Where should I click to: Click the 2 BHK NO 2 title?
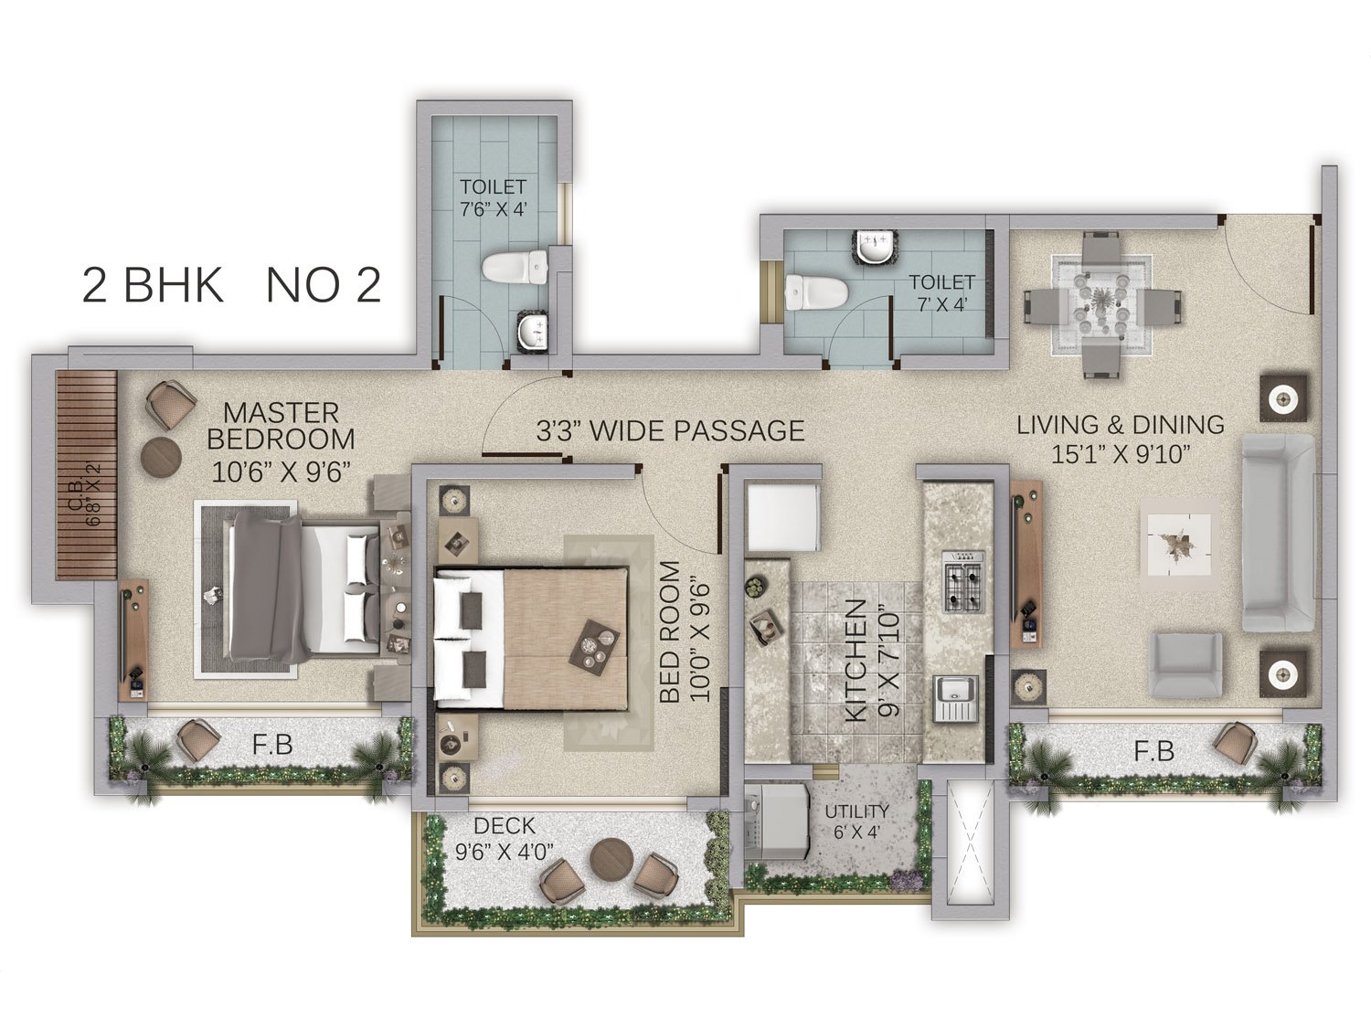(231, 285)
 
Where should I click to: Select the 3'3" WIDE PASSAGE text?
(670, 430)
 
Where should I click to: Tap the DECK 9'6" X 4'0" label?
(505, 838)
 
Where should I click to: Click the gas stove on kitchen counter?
(962, 581)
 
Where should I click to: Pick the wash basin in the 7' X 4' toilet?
(877, 247)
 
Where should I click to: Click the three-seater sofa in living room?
(1276, 533)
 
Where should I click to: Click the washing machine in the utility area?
(777, 822)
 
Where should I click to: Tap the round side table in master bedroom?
(161, 458)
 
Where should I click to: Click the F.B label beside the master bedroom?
(273, 744)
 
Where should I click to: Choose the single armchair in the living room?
(1186, 665)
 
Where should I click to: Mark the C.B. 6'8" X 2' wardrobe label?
(86, 493)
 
